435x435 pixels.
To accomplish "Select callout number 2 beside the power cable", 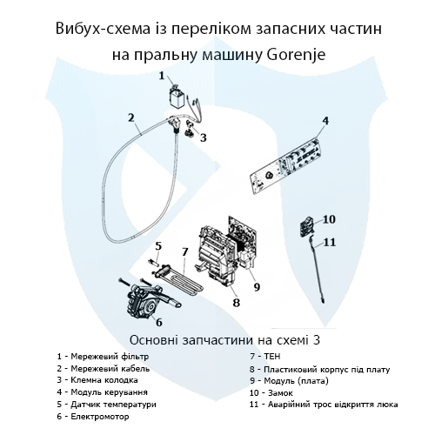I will point(130,117).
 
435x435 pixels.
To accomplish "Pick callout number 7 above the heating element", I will point(184,251).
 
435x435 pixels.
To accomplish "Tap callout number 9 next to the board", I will point(257,285).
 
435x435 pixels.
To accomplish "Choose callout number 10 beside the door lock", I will point(329,218).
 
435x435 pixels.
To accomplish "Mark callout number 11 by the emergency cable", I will point(330,241).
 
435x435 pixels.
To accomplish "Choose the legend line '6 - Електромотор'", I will point(91,417).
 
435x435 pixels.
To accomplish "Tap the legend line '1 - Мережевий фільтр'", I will point(103,356).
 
